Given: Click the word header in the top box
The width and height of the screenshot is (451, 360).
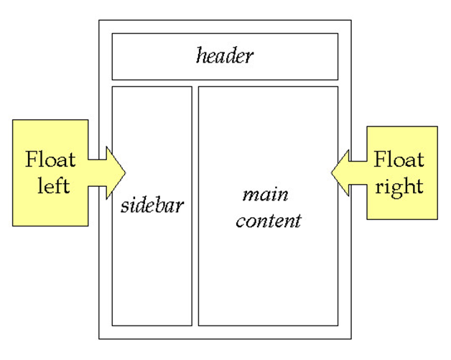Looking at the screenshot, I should (225, 56).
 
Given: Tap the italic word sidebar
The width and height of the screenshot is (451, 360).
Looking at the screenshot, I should (152, 206).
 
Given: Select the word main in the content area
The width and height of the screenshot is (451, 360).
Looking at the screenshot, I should (265, 194).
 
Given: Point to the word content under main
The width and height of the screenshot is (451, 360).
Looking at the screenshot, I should (269, 220).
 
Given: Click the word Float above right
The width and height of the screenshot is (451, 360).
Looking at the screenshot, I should (399, 160).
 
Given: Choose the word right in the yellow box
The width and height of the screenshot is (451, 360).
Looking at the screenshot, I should (399, 187).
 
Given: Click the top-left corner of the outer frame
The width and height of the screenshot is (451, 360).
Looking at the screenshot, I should (99, 20).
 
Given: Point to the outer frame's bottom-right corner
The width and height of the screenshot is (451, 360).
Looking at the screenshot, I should (351, 338).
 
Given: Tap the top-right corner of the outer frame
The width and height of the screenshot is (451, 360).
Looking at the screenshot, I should (351, 20).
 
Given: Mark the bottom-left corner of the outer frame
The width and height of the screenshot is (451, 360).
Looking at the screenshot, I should (99, 338).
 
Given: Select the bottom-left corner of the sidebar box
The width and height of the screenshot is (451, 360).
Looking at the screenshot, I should (112, 326).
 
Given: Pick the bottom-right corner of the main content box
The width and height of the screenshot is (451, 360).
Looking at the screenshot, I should (338, 326).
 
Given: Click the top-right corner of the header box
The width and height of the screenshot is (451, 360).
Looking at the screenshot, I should (338, 33).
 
